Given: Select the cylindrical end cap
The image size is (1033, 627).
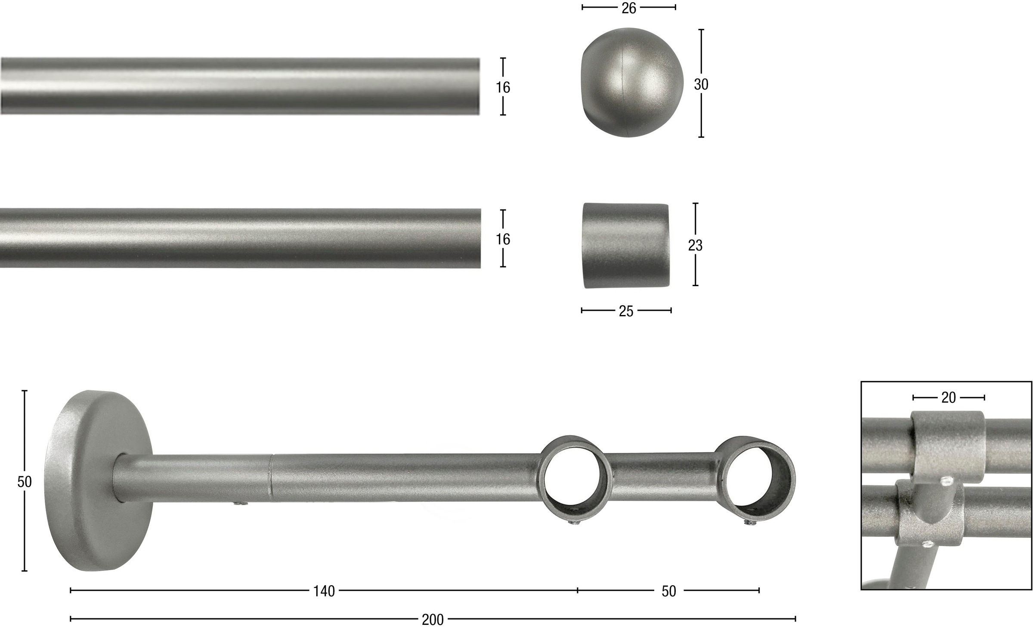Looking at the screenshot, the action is tap(626, 246).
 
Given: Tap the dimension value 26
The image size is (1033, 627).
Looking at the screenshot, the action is tap(629, 8).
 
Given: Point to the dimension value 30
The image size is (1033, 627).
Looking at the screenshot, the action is tap(701, 85).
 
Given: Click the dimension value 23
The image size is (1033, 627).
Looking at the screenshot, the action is tap(695, 245).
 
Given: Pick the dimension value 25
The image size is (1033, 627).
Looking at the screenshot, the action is tap(626, 311).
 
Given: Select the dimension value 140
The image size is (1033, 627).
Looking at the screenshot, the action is tap(324, 591).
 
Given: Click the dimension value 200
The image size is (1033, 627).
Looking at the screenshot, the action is tap(433, 620).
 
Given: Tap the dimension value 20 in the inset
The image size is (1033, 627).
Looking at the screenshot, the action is tap(949, 398).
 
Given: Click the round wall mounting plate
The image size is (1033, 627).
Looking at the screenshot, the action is tap(98, 480).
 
